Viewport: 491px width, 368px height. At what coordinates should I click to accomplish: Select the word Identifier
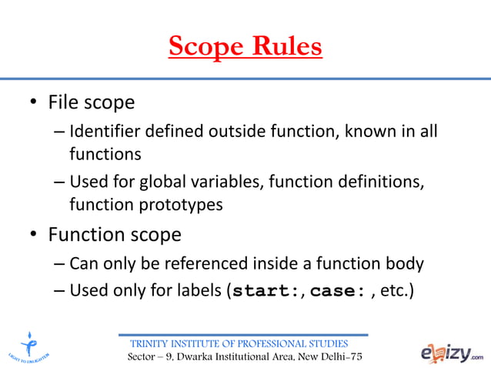pos(104,132)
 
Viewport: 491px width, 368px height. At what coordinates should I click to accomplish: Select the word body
pos(404,264)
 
